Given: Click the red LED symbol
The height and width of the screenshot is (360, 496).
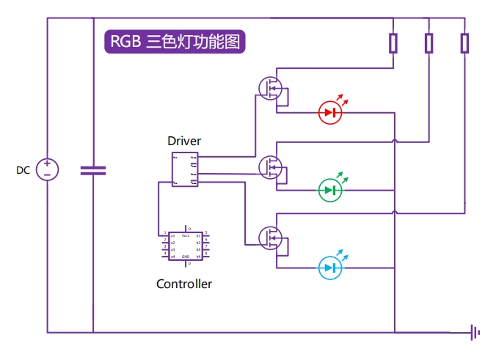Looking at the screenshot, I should [330, 112].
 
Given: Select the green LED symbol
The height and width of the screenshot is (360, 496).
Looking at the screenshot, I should [330, 190].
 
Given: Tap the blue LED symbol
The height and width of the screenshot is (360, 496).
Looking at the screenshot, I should [330, 268].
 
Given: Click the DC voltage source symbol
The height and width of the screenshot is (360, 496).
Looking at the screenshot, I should [47, 170].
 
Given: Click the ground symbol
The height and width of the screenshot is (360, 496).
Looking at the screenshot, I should [475, 333].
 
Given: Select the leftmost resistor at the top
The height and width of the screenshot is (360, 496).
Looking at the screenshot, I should [393, 43].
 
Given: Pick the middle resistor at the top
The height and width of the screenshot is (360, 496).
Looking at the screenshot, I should [429, 43].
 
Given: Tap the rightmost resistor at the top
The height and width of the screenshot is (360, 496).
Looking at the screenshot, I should [464, 43].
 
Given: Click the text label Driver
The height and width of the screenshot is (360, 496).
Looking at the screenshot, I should [183, 141].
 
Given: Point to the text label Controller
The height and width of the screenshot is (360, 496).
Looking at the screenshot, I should [184, 284].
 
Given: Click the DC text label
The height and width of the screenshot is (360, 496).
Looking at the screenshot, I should [23, 170].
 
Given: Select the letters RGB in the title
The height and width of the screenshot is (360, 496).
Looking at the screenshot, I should [125, 42].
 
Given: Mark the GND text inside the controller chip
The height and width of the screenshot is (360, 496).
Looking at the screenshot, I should [186, 257].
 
